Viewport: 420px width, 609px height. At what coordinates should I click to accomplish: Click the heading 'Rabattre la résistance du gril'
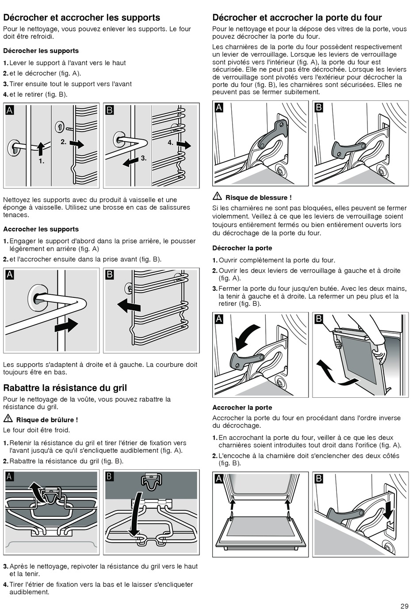(x=65, y=388)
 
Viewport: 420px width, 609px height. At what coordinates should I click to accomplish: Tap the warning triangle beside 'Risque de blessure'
(x=217, y=197)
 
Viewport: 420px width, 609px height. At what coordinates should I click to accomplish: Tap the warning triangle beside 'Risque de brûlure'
(x=8, y=419)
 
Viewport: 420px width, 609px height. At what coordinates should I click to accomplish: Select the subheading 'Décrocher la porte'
(x=242, y=248)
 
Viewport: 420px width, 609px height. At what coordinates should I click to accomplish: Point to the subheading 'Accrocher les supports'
(x=41, y=229)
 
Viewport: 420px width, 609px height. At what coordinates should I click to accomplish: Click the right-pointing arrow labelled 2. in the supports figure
(x=77, y=144)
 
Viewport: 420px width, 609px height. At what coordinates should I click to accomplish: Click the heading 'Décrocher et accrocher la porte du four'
(x=297, y=18)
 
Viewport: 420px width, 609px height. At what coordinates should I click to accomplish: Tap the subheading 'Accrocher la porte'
(x=242, y=407)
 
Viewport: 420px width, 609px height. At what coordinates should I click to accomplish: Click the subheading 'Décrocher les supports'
(x=41, y=51)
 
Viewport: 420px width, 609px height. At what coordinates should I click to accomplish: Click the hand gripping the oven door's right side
(x=379, y=352)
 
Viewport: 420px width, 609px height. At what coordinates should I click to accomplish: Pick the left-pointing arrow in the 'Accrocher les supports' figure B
(x=129, y=305)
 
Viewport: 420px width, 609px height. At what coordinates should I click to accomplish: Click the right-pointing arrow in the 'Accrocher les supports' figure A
(x=66, y=326)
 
